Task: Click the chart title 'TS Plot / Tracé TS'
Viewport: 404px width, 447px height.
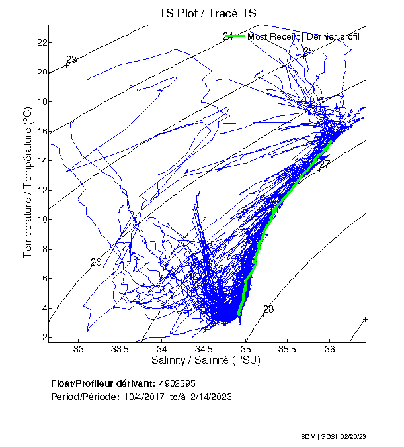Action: coord(207,13)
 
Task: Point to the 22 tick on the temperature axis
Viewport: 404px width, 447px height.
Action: coord(41,42)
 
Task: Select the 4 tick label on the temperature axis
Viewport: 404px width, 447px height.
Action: coord(42,308)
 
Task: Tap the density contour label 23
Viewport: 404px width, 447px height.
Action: coord(72,60)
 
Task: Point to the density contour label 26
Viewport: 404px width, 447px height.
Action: coord(97,262)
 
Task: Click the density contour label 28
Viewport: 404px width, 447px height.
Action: coord(268,309)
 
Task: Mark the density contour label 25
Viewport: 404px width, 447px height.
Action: coord(309,51)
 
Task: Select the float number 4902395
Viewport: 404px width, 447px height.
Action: coord(177,383)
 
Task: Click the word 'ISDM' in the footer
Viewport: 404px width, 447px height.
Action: coord(307,438)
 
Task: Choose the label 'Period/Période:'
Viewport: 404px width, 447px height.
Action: coord(83,396)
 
